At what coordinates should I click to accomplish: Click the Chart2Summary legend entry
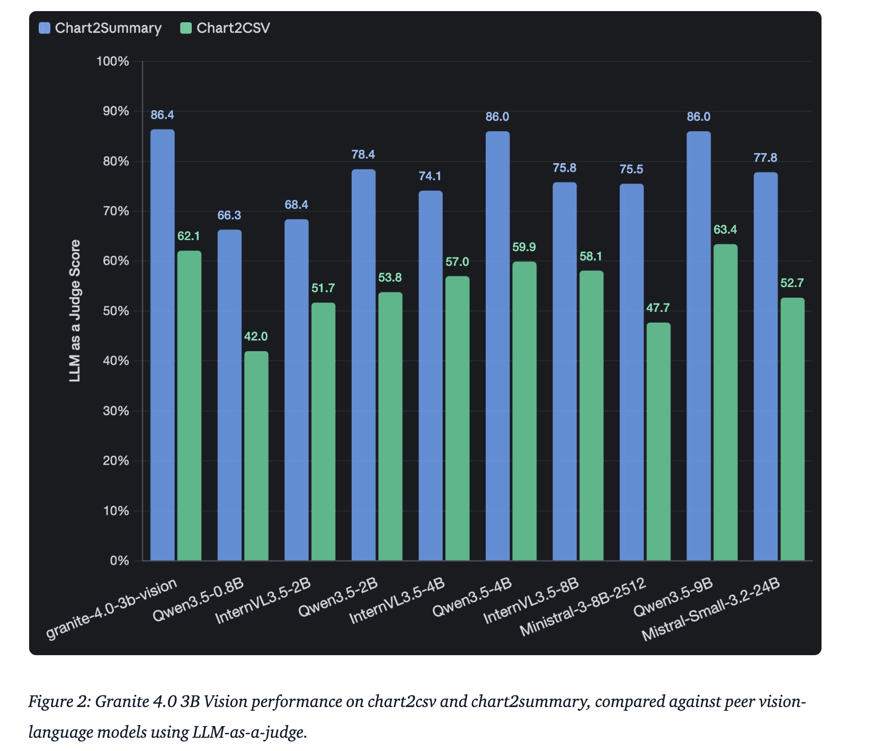(x=101, y=28)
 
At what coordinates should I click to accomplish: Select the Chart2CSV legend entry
(x=226, y=28)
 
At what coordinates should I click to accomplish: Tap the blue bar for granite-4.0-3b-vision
(x=163, y=344)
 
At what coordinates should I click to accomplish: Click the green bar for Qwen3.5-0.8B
(x=256, y=455)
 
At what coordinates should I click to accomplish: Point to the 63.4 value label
(x=725, y=229)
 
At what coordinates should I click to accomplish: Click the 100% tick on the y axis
(x=113, y=61)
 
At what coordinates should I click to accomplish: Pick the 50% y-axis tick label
(x=115, y=311)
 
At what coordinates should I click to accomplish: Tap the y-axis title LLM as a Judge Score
(x=75, y=311)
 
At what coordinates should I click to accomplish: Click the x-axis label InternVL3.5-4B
(x=397, y=601)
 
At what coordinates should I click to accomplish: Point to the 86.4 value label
(x=162, y=115)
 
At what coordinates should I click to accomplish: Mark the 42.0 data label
(x=256, y=336)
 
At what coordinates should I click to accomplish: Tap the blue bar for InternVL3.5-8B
(x=565, y=371)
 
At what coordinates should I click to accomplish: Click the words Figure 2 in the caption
(x=58, y=701)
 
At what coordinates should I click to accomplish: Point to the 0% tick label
(x=120, y=560)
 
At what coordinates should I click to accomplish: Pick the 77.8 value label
(x=765, y=157)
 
